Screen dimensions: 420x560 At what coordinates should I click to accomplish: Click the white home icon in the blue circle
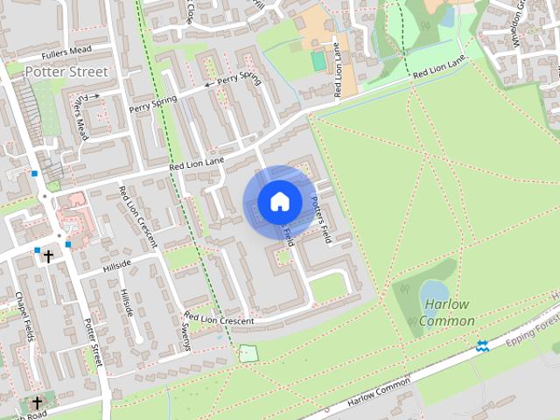point(279,202)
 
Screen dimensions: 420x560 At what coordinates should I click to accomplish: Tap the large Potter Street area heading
point(66,71)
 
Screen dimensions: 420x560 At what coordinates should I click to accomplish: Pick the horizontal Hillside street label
point(116,262)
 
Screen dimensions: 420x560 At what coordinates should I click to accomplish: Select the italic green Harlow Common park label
point(446,312)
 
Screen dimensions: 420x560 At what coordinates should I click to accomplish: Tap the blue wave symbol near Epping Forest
point(482,346)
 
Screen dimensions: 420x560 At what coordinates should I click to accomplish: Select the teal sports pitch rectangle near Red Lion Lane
point(318,60)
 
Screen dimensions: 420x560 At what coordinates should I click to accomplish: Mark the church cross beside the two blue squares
point(48,256)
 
